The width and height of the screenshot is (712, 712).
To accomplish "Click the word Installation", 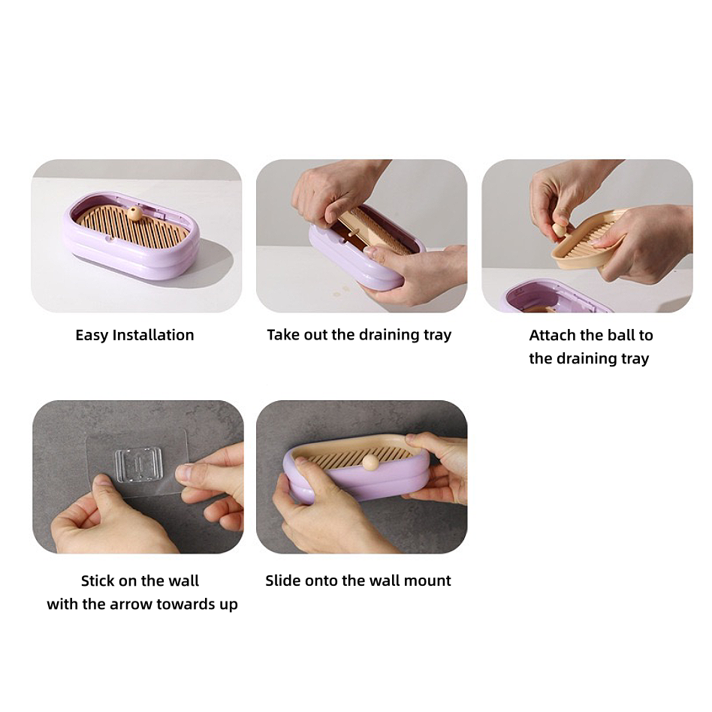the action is click(153, 335).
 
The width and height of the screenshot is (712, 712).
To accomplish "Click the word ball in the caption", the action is click(620, 335).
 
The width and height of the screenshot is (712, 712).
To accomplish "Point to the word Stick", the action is click(98, 581).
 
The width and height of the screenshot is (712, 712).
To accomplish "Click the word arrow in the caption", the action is click(131, 605).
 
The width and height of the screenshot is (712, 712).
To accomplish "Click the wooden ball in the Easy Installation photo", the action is click(134, 213).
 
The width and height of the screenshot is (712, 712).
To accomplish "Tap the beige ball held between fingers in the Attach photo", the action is click(560, 230).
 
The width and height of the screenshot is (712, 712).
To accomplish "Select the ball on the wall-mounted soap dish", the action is click(370, 463).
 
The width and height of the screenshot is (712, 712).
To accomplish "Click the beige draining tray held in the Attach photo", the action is click(587, 243).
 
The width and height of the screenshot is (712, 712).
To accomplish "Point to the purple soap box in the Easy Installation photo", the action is click(131, 235).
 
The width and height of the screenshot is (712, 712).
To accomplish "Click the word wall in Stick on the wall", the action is click(184, 581).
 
